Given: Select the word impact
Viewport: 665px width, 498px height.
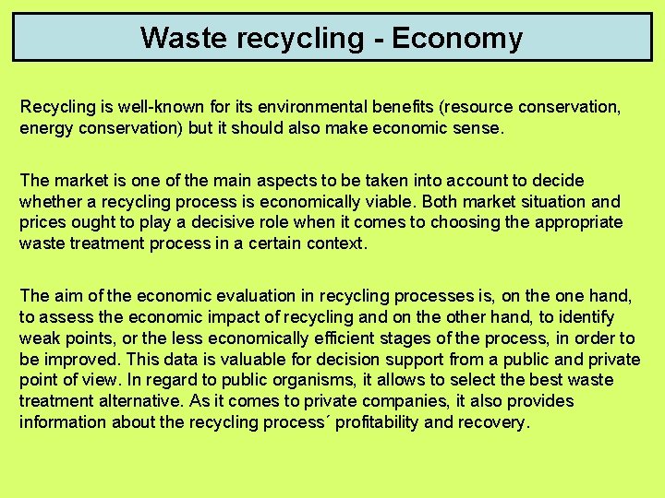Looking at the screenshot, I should click(231, 317).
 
